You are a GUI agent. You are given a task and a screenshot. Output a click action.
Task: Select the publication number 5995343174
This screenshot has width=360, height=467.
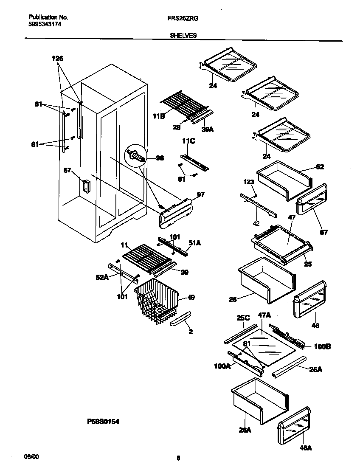pos(45,25)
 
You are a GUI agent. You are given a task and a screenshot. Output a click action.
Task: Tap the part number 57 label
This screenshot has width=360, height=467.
pos(67,171)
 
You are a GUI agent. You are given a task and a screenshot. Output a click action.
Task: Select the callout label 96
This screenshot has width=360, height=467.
pos(160,158)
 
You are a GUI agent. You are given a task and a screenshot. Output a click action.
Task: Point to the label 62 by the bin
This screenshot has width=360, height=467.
pos(320,167)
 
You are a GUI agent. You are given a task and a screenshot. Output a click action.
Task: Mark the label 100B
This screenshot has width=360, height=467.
pos(322,346)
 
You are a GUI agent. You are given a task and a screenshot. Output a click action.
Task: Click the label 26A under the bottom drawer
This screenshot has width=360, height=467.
pos(245,430)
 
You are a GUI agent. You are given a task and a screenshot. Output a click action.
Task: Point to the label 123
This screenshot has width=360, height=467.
pos(248,182)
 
